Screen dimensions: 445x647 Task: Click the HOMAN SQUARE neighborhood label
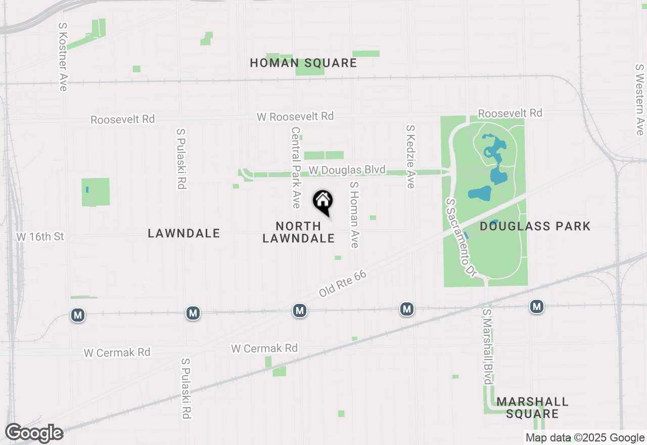click(303, 63)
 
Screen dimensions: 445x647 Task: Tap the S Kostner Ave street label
click(63, 57)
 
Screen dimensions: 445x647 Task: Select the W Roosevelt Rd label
click(295, 116)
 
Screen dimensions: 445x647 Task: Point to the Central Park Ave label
click(296, 167)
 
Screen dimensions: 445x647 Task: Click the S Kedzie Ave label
click(410, 157)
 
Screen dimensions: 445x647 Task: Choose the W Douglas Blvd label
click(347, 170)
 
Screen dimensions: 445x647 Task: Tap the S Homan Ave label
click(354, 215)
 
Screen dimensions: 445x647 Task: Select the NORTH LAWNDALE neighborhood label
click(299, 232)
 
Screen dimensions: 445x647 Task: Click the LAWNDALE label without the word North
click(184, 233)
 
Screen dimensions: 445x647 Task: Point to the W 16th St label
click(40, 236)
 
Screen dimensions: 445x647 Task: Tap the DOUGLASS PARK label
click(535, 226)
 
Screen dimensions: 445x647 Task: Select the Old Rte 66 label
click(342, 284)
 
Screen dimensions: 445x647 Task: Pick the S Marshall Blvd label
click(487, 347)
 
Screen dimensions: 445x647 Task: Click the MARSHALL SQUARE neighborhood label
click(532, 408)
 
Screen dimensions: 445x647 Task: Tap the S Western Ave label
click(640, 99)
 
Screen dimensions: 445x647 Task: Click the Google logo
click(34, 433)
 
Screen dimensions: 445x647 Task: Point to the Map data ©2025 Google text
click(585, 438)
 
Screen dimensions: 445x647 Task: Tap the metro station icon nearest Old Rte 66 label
click(300, 310)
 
